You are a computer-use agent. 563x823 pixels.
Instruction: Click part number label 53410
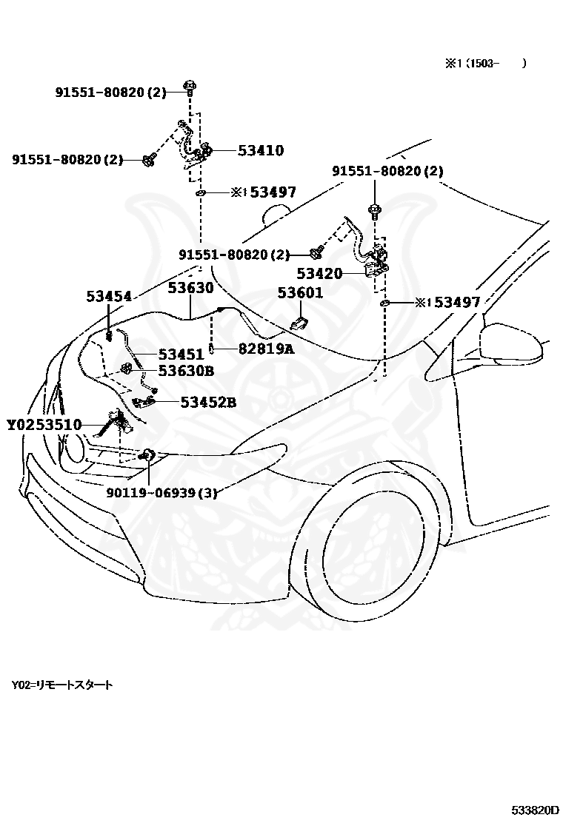(x=261, y=151)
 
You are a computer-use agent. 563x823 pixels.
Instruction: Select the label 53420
(x=319, y=273)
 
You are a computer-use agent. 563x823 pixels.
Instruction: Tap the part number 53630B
(x=187, y=371)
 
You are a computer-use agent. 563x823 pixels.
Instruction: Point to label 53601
(x=300, y=292)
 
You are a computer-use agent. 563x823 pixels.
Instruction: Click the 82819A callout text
(x=266, y=349)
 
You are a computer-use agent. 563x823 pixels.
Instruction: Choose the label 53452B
(x=208, y=403)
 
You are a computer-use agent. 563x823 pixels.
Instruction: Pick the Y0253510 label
(x=44, y=424)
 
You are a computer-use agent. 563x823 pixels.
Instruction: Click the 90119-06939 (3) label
(x=161, y=493)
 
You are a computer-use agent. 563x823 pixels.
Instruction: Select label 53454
(x=109, y=297)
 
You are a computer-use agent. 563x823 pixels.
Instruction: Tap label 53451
(x=181, y=354)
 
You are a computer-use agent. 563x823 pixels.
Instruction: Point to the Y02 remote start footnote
(x=62, y=685)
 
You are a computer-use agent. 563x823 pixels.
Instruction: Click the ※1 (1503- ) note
(x=486, y=64)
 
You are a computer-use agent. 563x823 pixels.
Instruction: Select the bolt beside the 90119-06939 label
(x=148, y=455)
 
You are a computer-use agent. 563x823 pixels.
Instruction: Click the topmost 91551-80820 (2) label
(x=111, y=93)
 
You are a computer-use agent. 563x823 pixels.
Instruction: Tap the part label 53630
(x=190, y=288)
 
